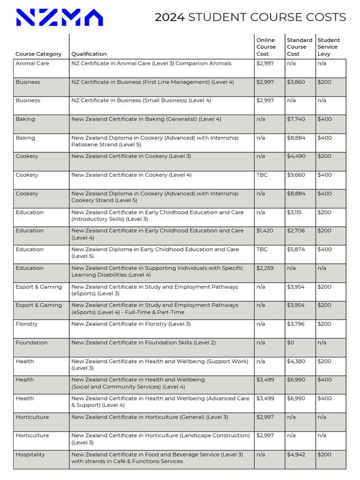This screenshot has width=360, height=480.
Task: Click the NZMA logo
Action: (x=59, y=18)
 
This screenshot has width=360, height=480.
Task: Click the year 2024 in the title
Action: (x=170, y=18)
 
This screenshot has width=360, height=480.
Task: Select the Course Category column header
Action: (x=38, y=54)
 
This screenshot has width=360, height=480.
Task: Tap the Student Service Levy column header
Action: (x=329, y=47)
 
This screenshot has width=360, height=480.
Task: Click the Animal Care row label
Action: (x=32, y=63)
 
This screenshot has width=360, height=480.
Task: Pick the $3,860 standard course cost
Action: (x=296, y=82)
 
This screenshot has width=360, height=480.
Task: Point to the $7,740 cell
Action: (x=296, y=119)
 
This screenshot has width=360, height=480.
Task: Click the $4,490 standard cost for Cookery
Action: (x=296, y=156)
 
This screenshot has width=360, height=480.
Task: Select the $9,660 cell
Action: (x=296, y=175)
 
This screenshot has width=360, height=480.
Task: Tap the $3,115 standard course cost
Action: (x=295, y=212)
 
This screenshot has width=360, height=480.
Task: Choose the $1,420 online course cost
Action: (x=265, y=231)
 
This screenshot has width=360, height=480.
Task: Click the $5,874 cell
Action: (x=296, y=249)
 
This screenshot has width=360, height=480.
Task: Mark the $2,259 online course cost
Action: (x=265, y=268)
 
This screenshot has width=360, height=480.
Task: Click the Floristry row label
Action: (x=27, y=324)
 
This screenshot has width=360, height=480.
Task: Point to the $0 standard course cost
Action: (x=291, y=343)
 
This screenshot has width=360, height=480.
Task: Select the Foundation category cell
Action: (x=31, y=343)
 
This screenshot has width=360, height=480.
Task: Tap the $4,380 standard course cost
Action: (x=296, y=361)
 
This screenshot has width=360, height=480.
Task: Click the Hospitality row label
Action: (x=30, y=454)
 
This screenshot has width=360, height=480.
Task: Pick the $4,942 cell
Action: (x=296, y=454)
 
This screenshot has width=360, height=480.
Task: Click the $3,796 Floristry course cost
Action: (x=296, y=324)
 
